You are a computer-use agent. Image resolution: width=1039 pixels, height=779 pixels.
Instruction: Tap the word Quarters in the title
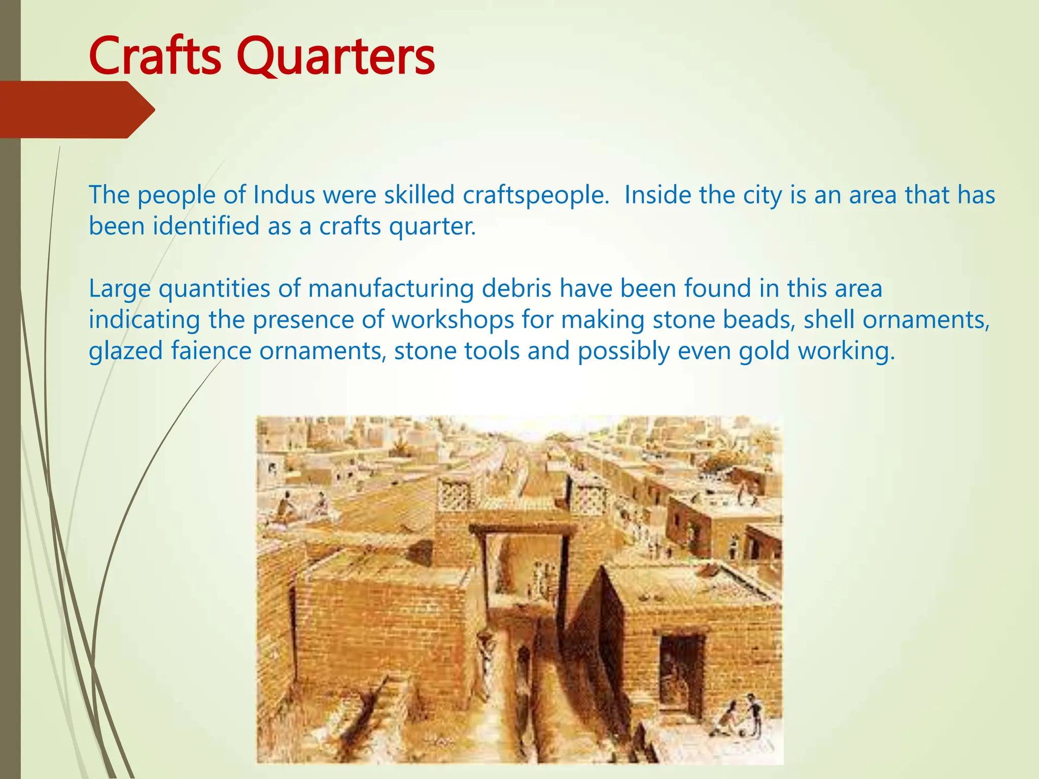tap(335, 57)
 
